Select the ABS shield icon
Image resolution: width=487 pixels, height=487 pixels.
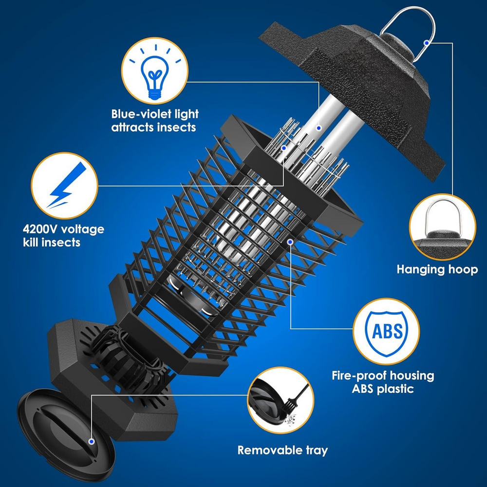(x=387, y=332)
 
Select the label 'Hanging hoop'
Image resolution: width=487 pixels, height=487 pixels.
(x=437, y=269)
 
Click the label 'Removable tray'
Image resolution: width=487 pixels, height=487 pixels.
(x=282, y=450)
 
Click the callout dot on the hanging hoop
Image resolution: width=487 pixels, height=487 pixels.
(x=426, y=43)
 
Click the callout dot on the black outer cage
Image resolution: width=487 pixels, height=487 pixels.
(x=291, y=240)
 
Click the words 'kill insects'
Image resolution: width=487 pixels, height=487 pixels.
(x=51, y=242)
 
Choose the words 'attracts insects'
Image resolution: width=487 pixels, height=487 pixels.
(x=153, y=128)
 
